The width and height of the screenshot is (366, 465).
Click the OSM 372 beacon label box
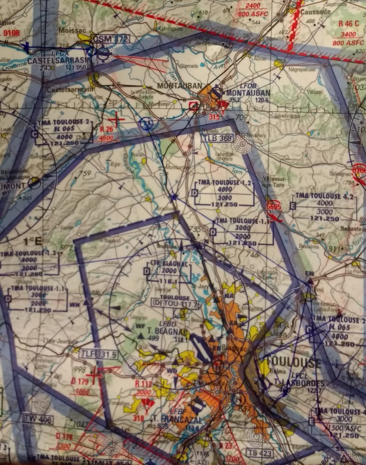point(110,39)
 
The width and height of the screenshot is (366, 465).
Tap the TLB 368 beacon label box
point(217,139)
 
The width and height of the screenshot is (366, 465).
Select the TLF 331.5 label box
point(99,354)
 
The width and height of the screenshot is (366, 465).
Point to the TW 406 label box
point(38,418)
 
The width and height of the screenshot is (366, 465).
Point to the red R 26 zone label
point(108,129)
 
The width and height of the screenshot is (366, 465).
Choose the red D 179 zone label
point(80,381)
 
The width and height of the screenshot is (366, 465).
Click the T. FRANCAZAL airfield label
point(170,420)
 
